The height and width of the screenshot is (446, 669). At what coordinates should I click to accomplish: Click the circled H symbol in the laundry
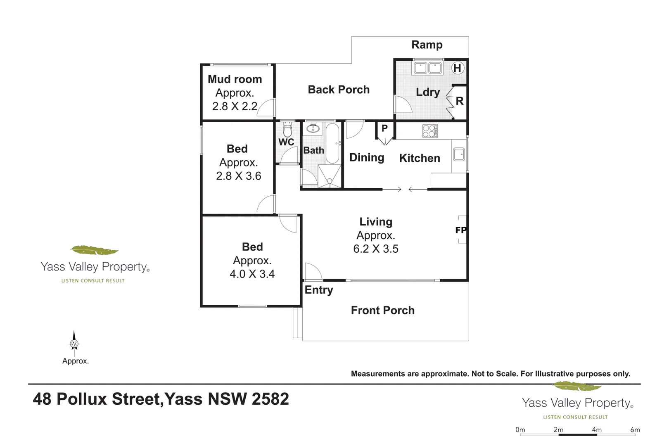click(x=457, y=68)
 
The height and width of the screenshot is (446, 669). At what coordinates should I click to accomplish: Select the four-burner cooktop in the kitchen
click(x=430, y=131)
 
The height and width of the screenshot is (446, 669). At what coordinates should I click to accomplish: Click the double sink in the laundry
click(x=427, y=68)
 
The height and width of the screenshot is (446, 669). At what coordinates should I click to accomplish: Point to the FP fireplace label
click(x=461, y=230)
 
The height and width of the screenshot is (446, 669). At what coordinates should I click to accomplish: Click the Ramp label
click(x=427, y=45)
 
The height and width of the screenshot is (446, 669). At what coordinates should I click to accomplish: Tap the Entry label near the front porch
click(x=318, y=290)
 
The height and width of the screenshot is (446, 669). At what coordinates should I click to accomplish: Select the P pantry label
click(x=384, y=128)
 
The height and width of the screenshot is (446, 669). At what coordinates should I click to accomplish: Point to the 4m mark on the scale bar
click(x=596, y=430)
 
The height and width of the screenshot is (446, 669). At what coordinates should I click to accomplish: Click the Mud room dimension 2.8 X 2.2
click(x=235, y=107)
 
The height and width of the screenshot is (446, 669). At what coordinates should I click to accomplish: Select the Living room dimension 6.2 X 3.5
click(x=375, y=249)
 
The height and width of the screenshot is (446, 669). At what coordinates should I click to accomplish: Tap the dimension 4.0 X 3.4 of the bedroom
click(x=252, y=274)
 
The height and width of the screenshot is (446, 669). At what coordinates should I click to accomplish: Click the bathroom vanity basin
click(x=313, y=129)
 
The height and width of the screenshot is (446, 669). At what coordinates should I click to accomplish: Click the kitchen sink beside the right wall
click(x=459, y=155)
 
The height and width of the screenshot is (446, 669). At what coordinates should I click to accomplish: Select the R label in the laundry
click(x=459, y=101)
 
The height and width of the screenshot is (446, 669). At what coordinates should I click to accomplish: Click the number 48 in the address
click(x=42, y=399)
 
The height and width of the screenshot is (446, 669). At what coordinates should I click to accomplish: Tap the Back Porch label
click(x=339, y=90)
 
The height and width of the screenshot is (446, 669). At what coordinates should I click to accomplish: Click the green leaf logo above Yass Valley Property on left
click(x=94, y=250)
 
